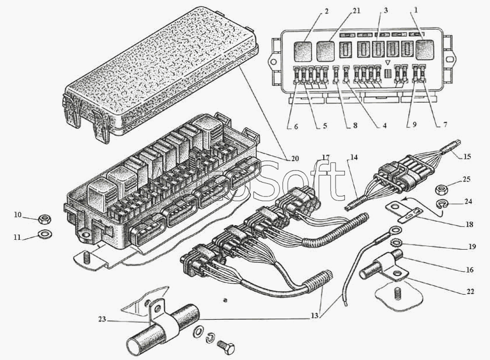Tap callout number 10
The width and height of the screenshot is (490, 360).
(18, 216)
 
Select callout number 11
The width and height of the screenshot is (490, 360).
(18, 237)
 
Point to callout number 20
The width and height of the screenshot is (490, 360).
(294, 158)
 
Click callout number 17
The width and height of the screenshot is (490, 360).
(325, 158)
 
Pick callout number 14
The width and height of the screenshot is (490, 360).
(353, 158)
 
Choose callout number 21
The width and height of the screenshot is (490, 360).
(341, 11)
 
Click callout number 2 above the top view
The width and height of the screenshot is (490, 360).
(311, 11)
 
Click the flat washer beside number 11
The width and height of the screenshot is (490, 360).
(43, 235)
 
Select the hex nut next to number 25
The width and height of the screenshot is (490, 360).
(442, 190)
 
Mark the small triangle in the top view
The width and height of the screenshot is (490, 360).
(387, 62)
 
